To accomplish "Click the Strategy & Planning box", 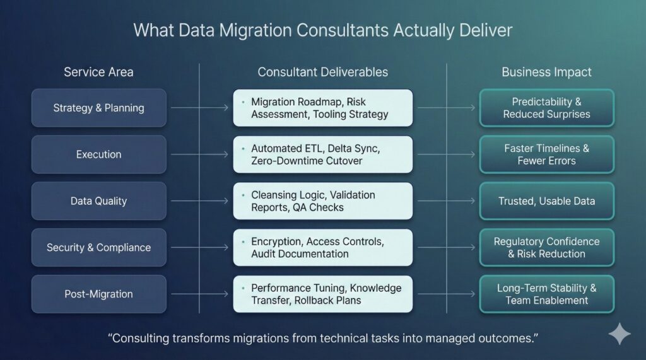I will click(x=98, y=108).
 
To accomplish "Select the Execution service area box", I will click(x=98, y=154).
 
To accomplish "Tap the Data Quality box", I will click(x=98, y=201).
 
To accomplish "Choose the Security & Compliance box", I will click(x=98, y=248).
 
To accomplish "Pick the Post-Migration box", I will click(x=98, y=294).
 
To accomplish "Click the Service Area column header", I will click(x=98, y=72).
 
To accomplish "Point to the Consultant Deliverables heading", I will click(x=322, y=72).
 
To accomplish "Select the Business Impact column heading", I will click(x=546, y=72).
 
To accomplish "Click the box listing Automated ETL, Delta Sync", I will click(x=322, y=154).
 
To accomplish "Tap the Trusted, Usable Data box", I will click(x=546, y=201).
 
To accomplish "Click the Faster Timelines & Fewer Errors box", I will click(x=546, y=154).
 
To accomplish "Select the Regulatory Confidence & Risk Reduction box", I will click(x=546, y=248).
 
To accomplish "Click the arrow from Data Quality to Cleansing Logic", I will click(x=199, y=201).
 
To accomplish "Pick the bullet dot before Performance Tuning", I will click(x=243, y=287).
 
